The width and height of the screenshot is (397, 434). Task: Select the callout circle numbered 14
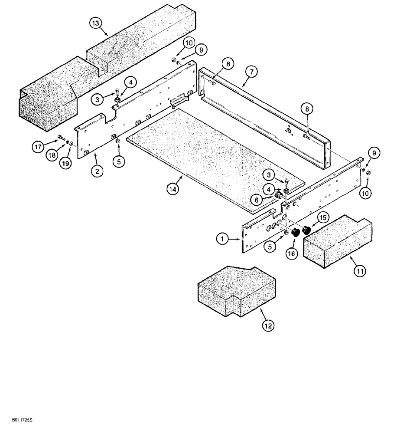[x=173, y=189]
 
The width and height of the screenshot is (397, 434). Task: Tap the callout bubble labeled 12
[x=269, y=325]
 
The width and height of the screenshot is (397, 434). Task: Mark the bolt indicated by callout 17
[x=59, y=140]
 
